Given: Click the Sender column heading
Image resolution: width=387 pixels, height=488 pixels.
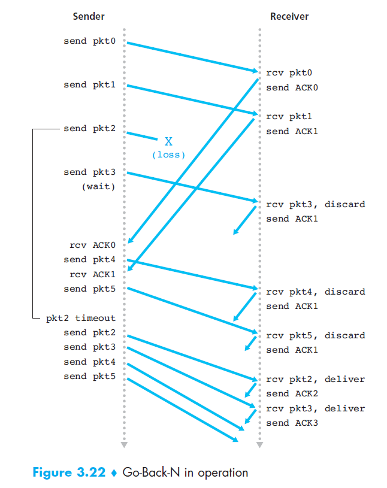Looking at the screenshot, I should [88, 17].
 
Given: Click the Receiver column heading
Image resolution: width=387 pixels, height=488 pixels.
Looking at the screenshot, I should [289, 17].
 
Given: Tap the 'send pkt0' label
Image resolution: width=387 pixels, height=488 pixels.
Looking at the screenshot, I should [90, 41].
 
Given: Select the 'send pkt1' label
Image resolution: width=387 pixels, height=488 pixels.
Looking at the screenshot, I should [90, 85].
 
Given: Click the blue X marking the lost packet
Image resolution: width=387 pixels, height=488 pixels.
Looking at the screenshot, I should [168, 141].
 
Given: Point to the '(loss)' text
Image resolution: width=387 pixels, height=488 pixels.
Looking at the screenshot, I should [168, 154].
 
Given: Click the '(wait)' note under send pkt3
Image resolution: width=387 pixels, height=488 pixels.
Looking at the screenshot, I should [99, 186].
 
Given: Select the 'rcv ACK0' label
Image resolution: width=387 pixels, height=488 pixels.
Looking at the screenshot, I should [92, 245].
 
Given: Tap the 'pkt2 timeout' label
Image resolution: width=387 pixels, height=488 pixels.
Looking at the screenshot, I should [81, 318].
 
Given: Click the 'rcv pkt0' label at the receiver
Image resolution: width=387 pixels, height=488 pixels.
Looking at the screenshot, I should [289, 72].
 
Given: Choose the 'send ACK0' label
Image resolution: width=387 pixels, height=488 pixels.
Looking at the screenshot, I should [292, 87].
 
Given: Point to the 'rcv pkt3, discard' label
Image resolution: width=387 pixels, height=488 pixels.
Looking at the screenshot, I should [315, 204].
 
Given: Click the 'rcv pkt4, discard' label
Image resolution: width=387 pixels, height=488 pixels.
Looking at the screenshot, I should [315, 292].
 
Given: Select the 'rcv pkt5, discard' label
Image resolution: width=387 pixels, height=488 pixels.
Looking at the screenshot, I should [315, 335].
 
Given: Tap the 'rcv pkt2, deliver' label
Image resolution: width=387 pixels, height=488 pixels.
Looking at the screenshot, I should [315, 379].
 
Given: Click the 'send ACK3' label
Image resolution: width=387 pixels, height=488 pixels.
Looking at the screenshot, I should [292, 423].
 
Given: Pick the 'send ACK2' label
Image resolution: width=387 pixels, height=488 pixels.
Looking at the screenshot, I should [292, 393].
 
